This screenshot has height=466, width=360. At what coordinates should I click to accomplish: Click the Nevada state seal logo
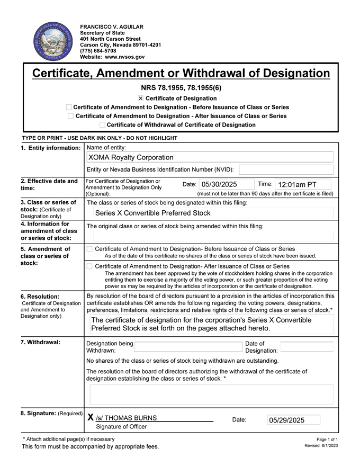51,41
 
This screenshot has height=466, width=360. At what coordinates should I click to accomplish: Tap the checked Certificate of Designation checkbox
140,98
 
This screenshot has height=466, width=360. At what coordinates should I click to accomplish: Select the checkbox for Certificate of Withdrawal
102,125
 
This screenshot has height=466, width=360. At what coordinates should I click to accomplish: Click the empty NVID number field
286,169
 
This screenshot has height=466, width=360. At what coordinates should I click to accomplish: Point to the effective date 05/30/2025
219,185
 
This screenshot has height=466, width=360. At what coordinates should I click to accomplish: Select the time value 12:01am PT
297,185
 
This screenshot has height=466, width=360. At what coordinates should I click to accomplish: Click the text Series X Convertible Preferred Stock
152,213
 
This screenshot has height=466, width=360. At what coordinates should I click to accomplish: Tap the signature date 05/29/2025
287,420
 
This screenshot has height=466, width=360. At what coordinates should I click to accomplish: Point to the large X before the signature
91,417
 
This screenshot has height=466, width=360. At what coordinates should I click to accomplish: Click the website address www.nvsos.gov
124,57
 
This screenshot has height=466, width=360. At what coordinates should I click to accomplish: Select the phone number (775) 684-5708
98,51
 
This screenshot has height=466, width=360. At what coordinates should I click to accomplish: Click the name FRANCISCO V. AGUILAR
112,27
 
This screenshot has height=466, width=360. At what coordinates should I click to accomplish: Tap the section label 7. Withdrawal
41,342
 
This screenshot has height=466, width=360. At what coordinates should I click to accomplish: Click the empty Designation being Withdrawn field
188,347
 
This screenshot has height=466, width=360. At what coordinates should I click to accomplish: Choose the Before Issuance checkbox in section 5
89,249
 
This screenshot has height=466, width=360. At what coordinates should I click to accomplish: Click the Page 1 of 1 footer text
327,440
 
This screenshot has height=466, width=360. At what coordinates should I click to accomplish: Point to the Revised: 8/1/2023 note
321,446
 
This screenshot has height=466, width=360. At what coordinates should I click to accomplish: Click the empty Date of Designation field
307,347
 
